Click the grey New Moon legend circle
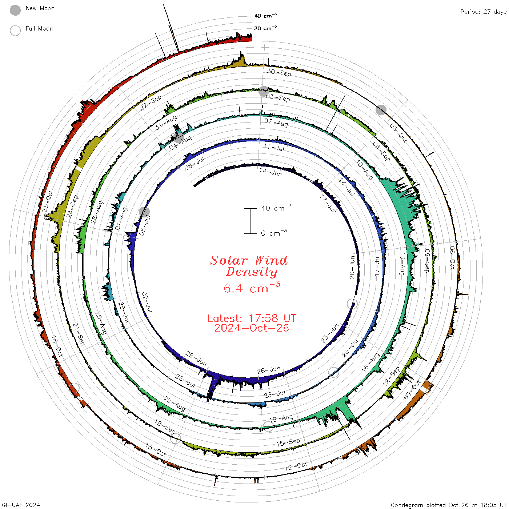[x=15, y=10]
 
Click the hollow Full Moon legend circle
[x=15, y=31]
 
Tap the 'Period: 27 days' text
[x=483, y=12]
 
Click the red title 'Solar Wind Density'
[x=249, y=266]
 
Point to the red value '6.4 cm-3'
[x=252, y=287]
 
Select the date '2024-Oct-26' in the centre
[x=252, y=328]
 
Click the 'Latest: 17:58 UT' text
[x=252, y=318]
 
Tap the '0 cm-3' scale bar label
[x=274, y=233]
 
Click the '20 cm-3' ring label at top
[x=265, y=28]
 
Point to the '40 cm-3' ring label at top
[x=265, y=15]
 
